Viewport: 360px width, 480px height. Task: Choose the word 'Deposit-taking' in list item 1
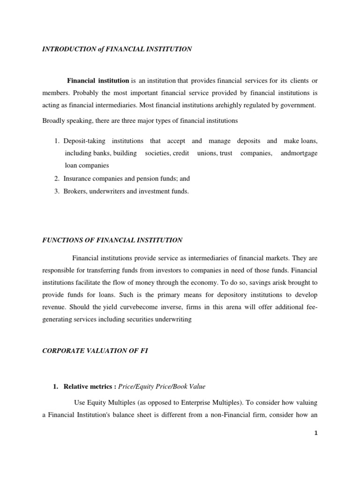[84, 141]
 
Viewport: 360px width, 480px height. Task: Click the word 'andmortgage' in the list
[299, 153]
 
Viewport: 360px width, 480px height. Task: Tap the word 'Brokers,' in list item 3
[76, 191]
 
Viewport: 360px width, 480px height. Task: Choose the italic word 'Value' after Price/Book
[196, 386]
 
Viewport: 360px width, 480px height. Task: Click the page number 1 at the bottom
[316, 433]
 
